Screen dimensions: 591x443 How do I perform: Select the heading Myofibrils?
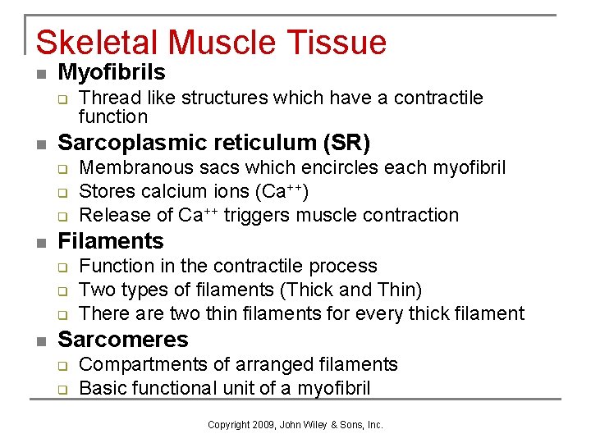click(x=112, y=72)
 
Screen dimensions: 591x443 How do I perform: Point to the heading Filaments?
click(x=111, y=241)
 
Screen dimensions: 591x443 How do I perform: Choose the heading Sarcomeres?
click(x=123, y=340)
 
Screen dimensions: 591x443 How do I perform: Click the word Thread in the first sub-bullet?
click(x=104, y=98)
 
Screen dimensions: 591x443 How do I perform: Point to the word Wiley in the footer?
click(x=315, y=425)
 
